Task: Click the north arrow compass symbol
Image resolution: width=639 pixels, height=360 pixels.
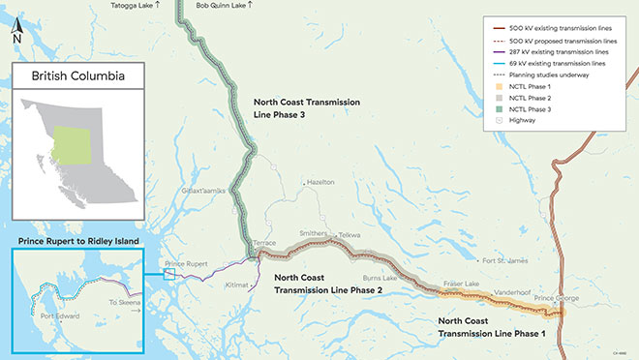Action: coord(16,33)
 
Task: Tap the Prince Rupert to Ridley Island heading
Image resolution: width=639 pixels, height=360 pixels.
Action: coord(75,239)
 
